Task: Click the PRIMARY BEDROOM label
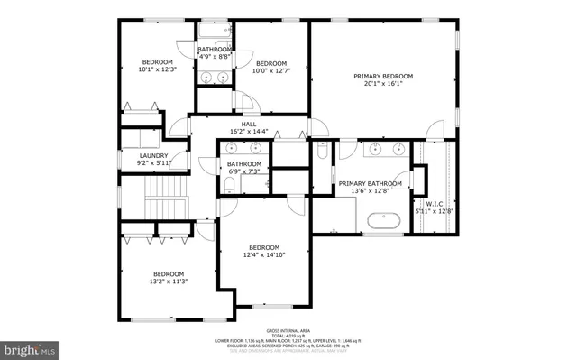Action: (383, 76)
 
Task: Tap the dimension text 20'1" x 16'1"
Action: (383, 85)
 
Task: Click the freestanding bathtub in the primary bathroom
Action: (385, 220)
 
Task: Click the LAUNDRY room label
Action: (153, 155)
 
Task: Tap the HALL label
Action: (249, 124)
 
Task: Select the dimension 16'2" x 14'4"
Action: (249, 132)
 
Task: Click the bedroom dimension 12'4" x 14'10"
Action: (264, 255)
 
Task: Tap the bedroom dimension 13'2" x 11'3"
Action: (169, 282)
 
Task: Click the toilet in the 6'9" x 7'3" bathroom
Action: (229, 187)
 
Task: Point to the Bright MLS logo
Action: (28, 346)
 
